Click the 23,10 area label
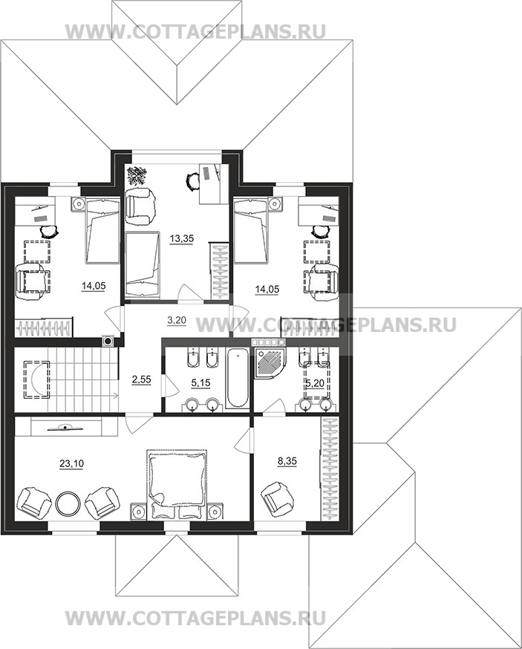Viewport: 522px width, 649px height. click(71, 464)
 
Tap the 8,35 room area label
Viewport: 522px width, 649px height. click(287, 460)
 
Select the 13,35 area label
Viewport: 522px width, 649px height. click(182, 238)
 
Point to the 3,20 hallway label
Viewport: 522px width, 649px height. click(177, 320)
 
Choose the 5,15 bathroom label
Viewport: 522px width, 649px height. click(200, 383)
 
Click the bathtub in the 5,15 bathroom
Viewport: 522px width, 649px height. click(238, 379)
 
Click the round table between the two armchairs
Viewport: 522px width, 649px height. click(68, 503)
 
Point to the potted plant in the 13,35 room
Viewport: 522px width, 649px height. click(136, 176)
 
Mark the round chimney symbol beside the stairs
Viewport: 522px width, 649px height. click(108, 342)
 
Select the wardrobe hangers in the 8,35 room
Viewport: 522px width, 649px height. click(329, 469)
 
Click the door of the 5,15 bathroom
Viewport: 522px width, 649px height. click(170, 384)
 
